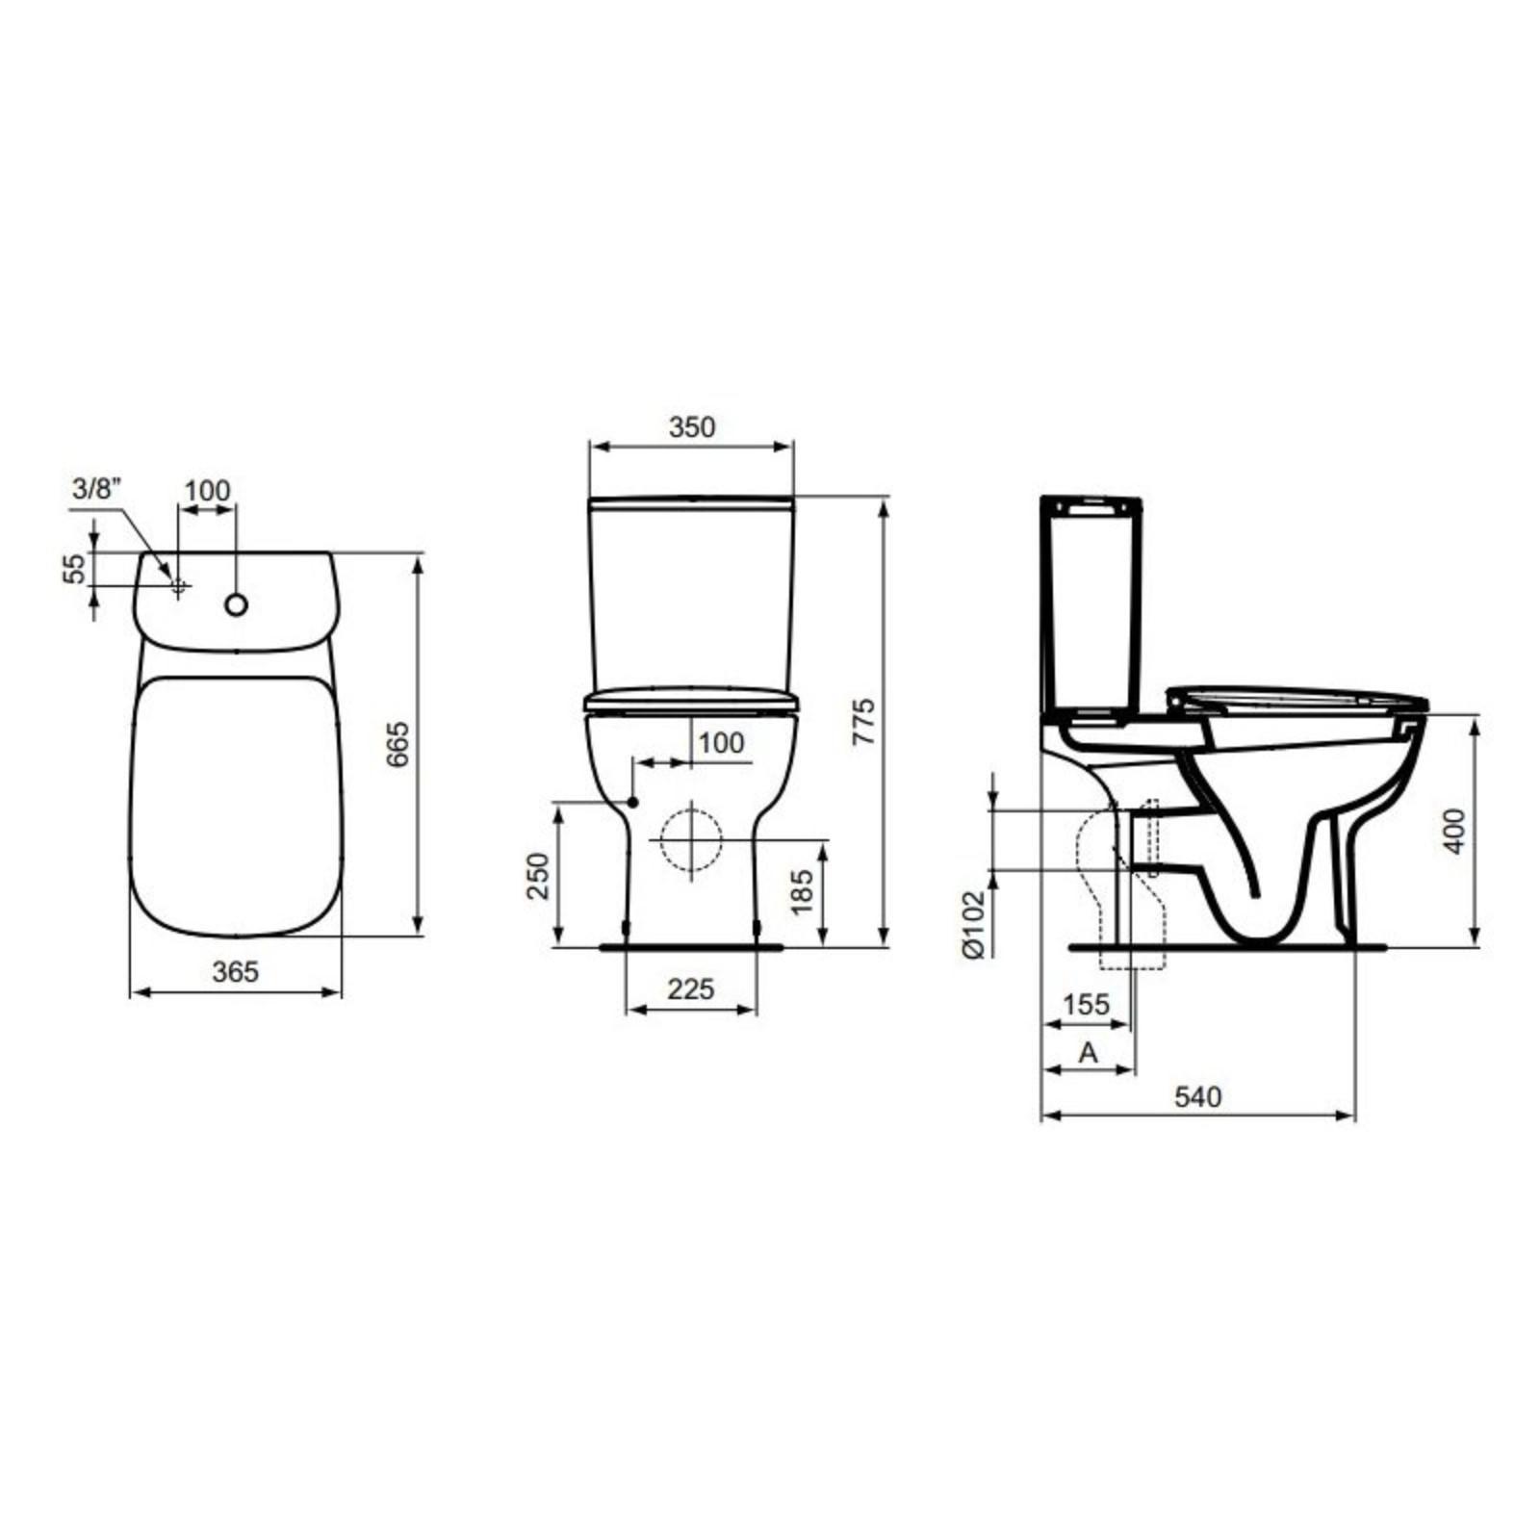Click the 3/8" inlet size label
point(96,489)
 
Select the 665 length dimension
point(398,744)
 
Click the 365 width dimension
point(236,972)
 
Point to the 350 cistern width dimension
point(692,426)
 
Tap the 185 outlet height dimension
point(803,890)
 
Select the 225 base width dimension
point(691,988)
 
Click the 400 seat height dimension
point(1454,831)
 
